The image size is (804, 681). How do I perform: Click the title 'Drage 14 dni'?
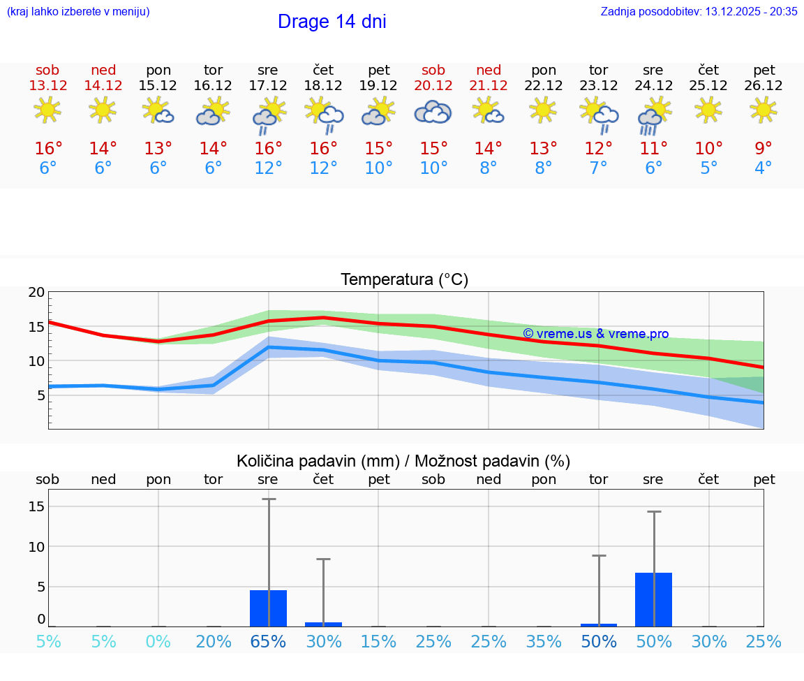[332, 22]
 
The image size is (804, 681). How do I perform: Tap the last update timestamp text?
[699, 11]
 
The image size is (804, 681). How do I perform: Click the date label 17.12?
[268, 86]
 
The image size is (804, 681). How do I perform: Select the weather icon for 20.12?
[433, 112]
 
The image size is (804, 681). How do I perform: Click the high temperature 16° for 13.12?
[48, 149]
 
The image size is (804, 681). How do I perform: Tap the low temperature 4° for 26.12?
[764, 168]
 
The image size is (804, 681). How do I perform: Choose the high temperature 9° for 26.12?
[764, 149]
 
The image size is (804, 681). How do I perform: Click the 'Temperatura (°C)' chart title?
[404, 280]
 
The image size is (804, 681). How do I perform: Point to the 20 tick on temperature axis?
[36, 293]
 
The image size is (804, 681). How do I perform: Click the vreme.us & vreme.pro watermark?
[595, 334]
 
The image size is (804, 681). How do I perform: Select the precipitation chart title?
[403, 461]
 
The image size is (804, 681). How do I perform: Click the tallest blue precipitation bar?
[653, 599]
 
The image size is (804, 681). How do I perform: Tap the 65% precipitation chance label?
[268, 642]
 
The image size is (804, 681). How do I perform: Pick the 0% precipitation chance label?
[158, 642]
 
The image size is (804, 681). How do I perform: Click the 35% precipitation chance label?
[544, 642]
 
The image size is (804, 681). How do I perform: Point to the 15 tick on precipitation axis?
[36, 506]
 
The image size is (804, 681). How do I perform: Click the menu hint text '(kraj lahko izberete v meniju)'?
[78, 11]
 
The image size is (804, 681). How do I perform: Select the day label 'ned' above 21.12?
[489, 70]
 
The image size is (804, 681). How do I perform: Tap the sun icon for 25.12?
[708, 110]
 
